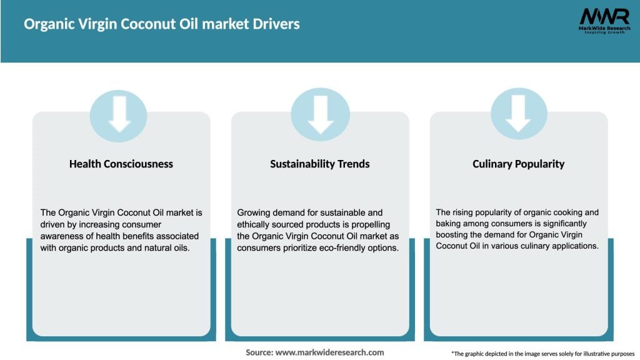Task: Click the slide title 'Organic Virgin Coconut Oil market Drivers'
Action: tap(162, 24)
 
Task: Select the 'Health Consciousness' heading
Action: tap(121, 164)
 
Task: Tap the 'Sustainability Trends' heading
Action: tap(320, 164)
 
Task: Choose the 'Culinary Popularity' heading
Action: tap(518, 164)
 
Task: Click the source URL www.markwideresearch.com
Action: tap(329, 352)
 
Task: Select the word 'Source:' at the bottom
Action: tap(259, 352)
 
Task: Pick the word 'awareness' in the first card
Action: tap(61, 236)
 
